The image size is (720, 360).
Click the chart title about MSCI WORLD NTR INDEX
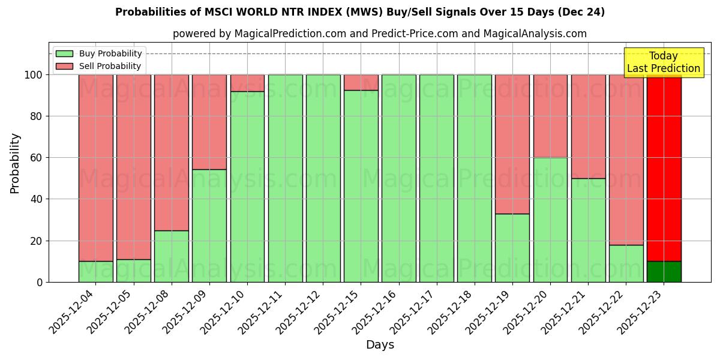coord(360,12)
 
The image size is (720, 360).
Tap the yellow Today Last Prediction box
coord(664,62)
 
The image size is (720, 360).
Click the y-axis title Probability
coord(15,163)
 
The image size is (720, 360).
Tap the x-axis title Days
coord(380,345)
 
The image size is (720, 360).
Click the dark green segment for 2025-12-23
coord(664,272)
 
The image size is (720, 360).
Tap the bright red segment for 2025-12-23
coord(664,168)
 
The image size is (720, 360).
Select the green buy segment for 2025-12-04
coord(95,272)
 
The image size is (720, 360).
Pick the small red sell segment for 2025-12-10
coord(247,83)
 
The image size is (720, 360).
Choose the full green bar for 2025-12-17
coord(436,178)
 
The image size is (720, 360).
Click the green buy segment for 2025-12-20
coord(550,220)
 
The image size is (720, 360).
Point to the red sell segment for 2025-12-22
coord(626,160)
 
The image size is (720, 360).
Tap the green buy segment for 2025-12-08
coord(171,256)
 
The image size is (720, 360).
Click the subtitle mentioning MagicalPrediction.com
coord(380,34)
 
